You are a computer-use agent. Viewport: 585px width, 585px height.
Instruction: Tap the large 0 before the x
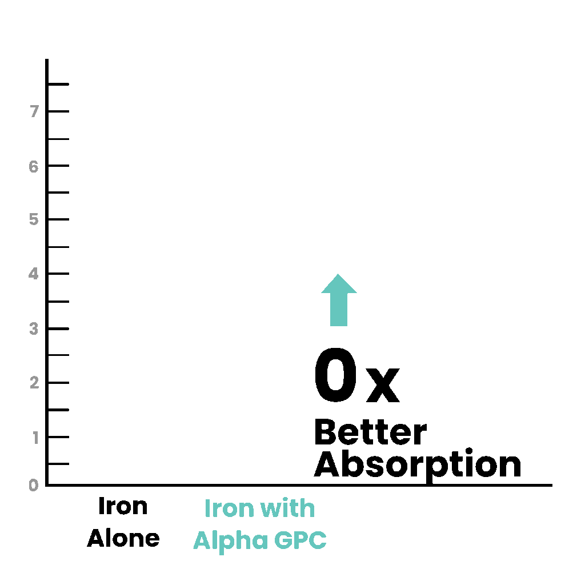coord(336,375)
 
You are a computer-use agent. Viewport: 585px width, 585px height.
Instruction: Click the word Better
coord(370,432)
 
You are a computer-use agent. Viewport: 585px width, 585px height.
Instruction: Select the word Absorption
coord(418,464)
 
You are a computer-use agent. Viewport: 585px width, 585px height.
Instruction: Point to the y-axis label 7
coord(35,111)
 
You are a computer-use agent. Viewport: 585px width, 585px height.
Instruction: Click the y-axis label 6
coord(34,166)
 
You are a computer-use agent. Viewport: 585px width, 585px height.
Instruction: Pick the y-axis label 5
coord(34,219)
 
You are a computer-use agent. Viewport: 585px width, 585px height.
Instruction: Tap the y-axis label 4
coord(34,274)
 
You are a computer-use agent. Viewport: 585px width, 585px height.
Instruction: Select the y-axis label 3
coord(34,328)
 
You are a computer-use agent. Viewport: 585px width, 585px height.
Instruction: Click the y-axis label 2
coord(34,382)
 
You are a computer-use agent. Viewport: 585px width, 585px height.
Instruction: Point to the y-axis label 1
coord(35,438)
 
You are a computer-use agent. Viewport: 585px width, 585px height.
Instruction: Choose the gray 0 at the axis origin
coord(34,485)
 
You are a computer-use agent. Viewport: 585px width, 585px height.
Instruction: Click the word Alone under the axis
coord(123,538)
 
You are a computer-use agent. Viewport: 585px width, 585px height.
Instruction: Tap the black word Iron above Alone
coord(123,506)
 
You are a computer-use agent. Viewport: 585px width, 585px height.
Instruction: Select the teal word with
coord(287,508)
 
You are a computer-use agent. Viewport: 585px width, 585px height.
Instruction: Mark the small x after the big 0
coord(383,386)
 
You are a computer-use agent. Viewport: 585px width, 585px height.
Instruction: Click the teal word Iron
coord(229,508)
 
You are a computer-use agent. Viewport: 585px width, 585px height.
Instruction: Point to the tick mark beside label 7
coord(59,111)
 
